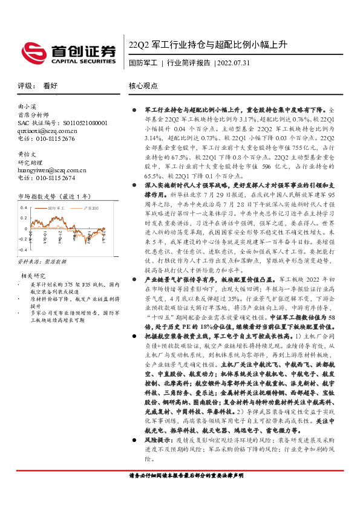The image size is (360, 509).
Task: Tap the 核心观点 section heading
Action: [x=143, y=86]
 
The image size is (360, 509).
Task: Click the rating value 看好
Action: [x=50, y=86]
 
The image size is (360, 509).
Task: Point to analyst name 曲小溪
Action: [x=28, y=106]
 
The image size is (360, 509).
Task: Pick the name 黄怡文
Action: [x=25, y=154]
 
